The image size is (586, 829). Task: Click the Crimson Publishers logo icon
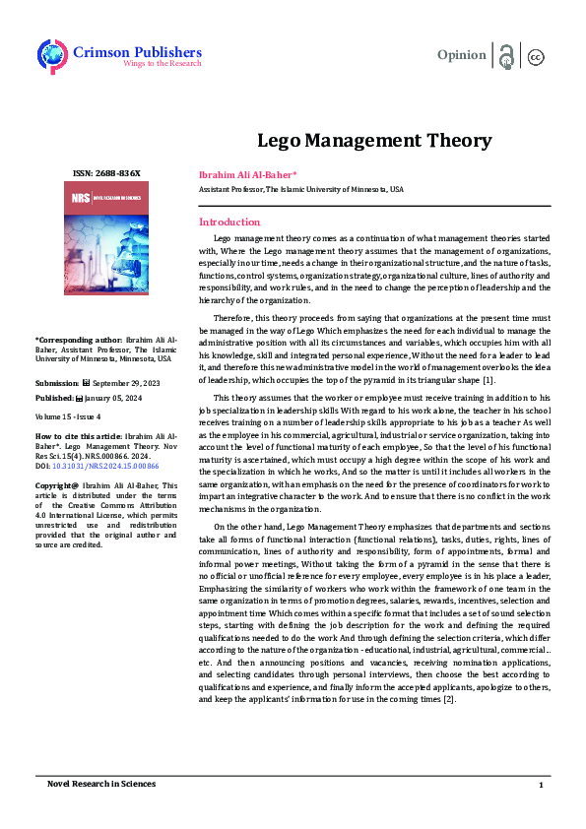[x=52, y=54]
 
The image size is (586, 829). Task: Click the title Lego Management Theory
[x=359, y=139]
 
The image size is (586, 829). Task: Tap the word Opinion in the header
[x=461, y=55]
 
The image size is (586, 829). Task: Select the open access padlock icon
[x=506, y=55]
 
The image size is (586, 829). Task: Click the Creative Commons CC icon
[x=537, y=56]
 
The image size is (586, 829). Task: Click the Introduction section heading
[x=229, y=222]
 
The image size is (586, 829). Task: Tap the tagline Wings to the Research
[x=161, y=64]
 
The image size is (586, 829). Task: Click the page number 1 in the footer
[x=541, y=785]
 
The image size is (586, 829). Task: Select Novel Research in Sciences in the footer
[x=101, y=784]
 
